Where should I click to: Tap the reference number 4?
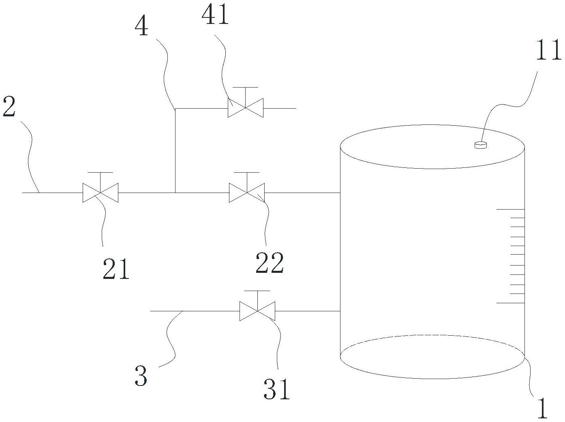pos(141,27)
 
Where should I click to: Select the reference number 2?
pos(9,107)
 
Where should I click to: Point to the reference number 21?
pos(116,269)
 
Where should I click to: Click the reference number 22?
pos(270,263)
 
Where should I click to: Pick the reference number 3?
pos(141,376)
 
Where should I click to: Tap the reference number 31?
pos(277,390)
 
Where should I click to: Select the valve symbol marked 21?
pos(101,193)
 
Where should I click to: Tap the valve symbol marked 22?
pos(247,193)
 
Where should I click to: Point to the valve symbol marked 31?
pos(257,311)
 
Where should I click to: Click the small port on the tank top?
pos(480,145)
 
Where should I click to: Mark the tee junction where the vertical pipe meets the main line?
pos(175,193)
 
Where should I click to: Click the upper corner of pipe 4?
pos(175,109)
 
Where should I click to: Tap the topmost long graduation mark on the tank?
pos(510,209)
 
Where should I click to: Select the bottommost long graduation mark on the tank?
pos(510,303)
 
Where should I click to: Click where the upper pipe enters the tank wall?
pos(340,193)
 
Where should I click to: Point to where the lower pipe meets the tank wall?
pos(340,311)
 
